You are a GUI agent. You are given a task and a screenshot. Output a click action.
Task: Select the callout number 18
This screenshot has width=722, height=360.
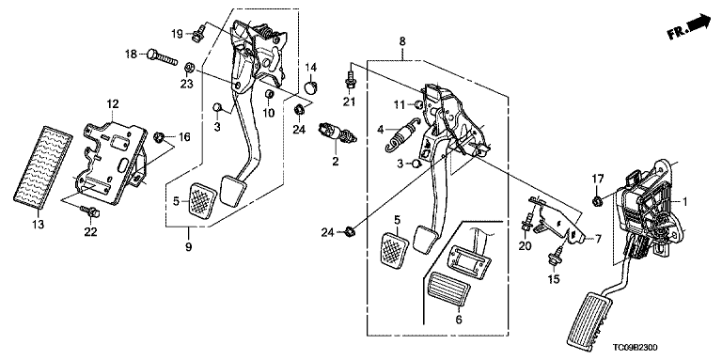point(132,55)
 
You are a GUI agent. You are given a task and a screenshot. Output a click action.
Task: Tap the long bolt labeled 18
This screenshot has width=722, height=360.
point(162,57)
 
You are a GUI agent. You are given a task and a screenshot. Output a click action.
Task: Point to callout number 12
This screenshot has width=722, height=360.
point(113,103)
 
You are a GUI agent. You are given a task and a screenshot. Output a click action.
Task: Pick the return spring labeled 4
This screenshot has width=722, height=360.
point(400,133)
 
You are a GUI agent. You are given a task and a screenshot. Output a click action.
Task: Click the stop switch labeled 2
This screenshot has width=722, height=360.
point(338,133)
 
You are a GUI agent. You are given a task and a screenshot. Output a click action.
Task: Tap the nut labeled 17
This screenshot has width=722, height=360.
point(597,200)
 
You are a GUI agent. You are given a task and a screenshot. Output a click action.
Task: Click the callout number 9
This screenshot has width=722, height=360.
point(188,247)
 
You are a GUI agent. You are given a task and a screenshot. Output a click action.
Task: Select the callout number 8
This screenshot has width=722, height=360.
point(402,41)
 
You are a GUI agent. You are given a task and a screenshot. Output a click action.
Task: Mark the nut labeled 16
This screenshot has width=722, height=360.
point(159,136)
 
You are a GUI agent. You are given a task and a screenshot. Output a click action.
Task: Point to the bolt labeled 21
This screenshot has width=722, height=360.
point(350,81)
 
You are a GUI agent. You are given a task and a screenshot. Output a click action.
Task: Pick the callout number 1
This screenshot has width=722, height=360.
point(684,202)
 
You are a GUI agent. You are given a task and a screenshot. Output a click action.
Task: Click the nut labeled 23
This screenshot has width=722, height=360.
point(188,68)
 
